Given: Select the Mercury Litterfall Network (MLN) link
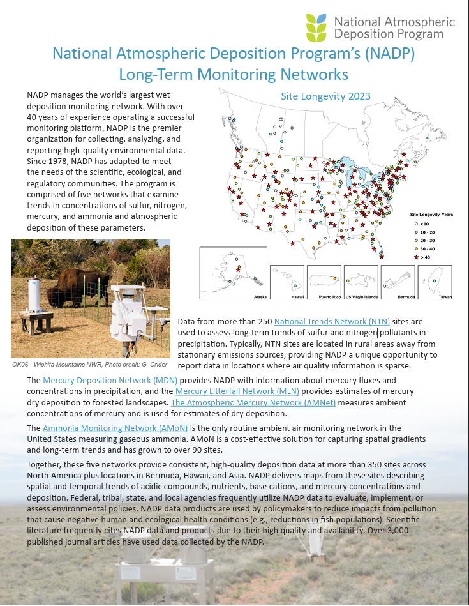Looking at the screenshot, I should pyautogui.click(x=237, y=391).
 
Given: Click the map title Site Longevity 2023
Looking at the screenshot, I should pyautogui.click(x=325, y=96).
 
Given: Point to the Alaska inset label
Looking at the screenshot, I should pyautogui.click(x=260, y=297).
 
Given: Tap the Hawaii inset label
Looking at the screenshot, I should pyautogui.click(x=297, y=297).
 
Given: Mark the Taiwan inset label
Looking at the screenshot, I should pyautogui.click(x=445, y=297).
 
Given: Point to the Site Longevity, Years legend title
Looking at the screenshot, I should pyautogui.click(x=431, y=214).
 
